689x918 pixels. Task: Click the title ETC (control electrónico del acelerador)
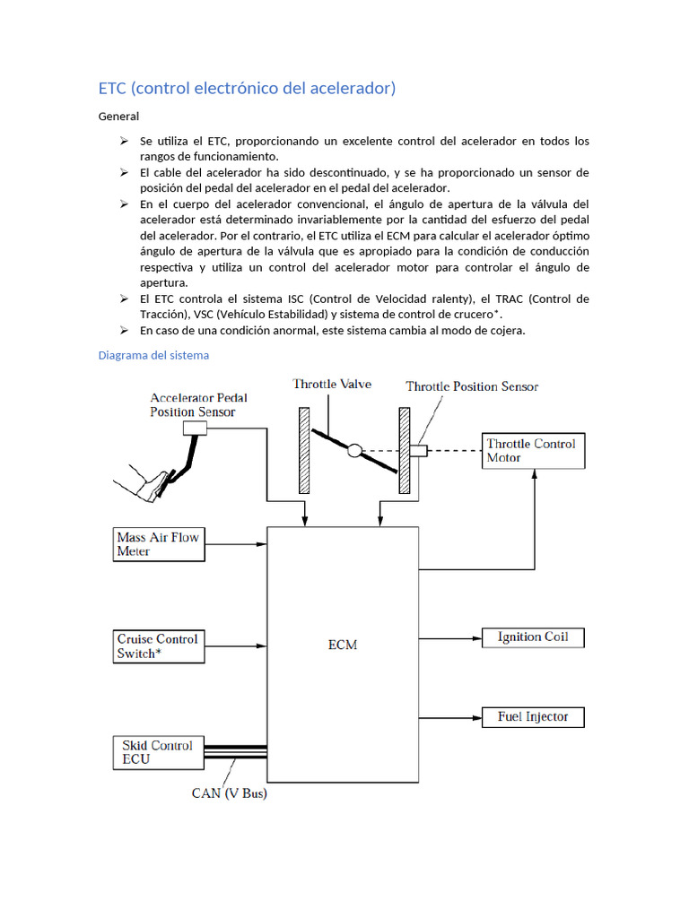[247, 88]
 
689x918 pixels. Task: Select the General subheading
[118, 116]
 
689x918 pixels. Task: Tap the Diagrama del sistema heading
[153, 355]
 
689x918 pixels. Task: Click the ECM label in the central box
[343, 645]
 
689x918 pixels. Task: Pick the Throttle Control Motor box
[534, 450]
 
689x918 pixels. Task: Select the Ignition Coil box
[532, 637]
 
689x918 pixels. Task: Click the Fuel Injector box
[532, 717]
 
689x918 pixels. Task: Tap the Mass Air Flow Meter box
[158, 544]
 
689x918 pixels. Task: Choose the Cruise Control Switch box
[158, 646]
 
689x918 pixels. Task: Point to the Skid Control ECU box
[158, 752]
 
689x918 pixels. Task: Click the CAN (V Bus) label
[230, 793]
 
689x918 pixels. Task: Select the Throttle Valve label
[332, 384]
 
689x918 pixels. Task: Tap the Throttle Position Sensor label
[472, 386]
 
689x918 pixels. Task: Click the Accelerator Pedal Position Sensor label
[197, 404]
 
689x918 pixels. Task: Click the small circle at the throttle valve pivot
[354, 450]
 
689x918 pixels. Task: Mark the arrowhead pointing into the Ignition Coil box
[477, 638]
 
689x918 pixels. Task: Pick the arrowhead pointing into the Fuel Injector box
[477, 717]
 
